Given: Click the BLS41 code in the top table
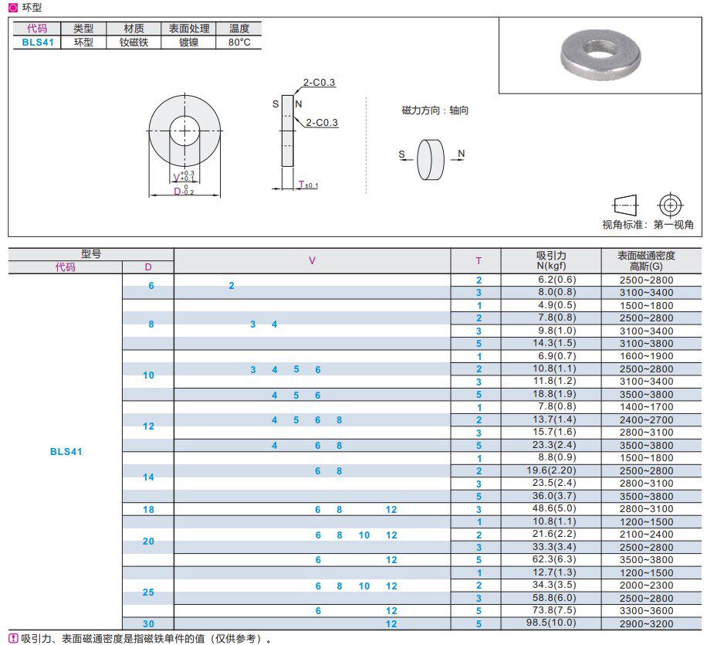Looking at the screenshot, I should [x=37, y=42].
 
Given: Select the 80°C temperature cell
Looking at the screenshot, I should [x=239, y=42].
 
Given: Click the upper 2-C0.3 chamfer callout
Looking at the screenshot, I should [x=319, y=83].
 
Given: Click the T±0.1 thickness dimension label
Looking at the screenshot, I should [x=308, y=185].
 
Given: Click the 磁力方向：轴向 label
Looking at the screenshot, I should [x=435, y=110].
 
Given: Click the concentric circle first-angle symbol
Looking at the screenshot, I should [x=671, y=205].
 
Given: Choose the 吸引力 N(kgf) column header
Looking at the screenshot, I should [x=551, y=260].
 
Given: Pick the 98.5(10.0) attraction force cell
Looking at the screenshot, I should [x=551, y=623].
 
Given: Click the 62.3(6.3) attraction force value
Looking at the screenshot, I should [x=551, y=559].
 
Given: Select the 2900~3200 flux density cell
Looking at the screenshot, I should [x=651, y=623].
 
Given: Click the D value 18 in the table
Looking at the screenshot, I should [x=148, y=509].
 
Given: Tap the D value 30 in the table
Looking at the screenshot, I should [x=148, y=623].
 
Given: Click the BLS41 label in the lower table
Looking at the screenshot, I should [x=66, y=452].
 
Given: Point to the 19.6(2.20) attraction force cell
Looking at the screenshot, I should [x=551, y=470].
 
